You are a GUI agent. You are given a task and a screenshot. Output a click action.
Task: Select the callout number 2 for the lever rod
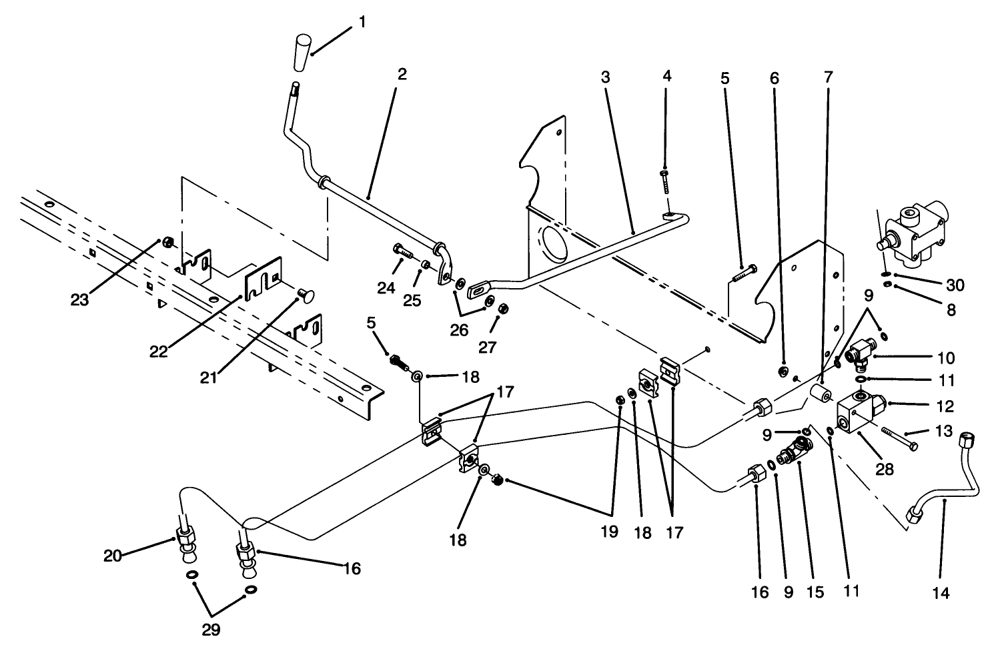point(401,73)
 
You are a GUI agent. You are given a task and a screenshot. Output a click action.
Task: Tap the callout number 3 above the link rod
point(605,77)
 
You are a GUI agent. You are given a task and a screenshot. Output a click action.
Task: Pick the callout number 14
point(940,592)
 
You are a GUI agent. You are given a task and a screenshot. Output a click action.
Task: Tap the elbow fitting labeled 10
point(859,354)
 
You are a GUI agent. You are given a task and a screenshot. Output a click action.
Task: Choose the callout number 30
point(955,285)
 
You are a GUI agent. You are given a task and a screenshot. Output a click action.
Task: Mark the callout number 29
point(211,629)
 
